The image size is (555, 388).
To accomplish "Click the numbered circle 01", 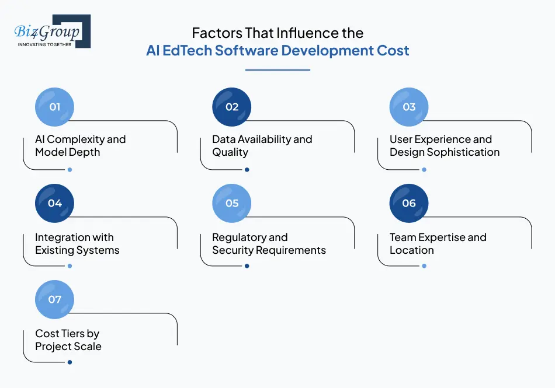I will [54, 107].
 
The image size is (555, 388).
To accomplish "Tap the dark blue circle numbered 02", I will [232, 107].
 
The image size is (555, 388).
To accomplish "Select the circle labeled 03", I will [409, 107].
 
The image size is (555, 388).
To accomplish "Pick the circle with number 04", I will [54, 203].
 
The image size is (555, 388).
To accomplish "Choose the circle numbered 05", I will [232, 203].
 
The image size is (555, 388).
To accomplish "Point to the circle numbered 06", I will [409, 203].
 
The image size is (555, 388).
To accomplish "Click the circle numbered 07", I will [54, 299].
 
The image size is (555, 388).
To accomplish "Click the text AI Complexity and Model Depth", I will [80, 146].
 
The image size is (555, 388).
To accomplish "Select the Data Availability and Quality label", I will [262, 146].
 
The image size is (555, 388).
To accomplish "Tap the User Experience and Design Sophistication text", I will [444, 146].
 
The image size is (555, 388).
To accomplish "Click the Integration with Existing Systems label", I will [77, 244].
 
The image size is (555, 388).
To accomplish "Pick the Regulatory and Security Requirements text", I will [269, 244].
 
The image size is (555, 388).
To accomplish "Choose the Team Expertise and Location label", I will [438, 244].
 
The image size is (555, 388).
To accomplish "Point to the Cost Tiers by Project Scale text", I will [68, 340].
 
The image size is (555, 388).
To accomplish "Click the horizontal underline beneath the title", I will [277, 70].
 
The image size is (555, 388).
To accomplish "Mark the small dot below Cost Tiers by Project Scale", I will [70, 362].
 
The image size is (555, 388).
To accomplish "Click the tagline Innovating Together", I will [45, 44].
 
